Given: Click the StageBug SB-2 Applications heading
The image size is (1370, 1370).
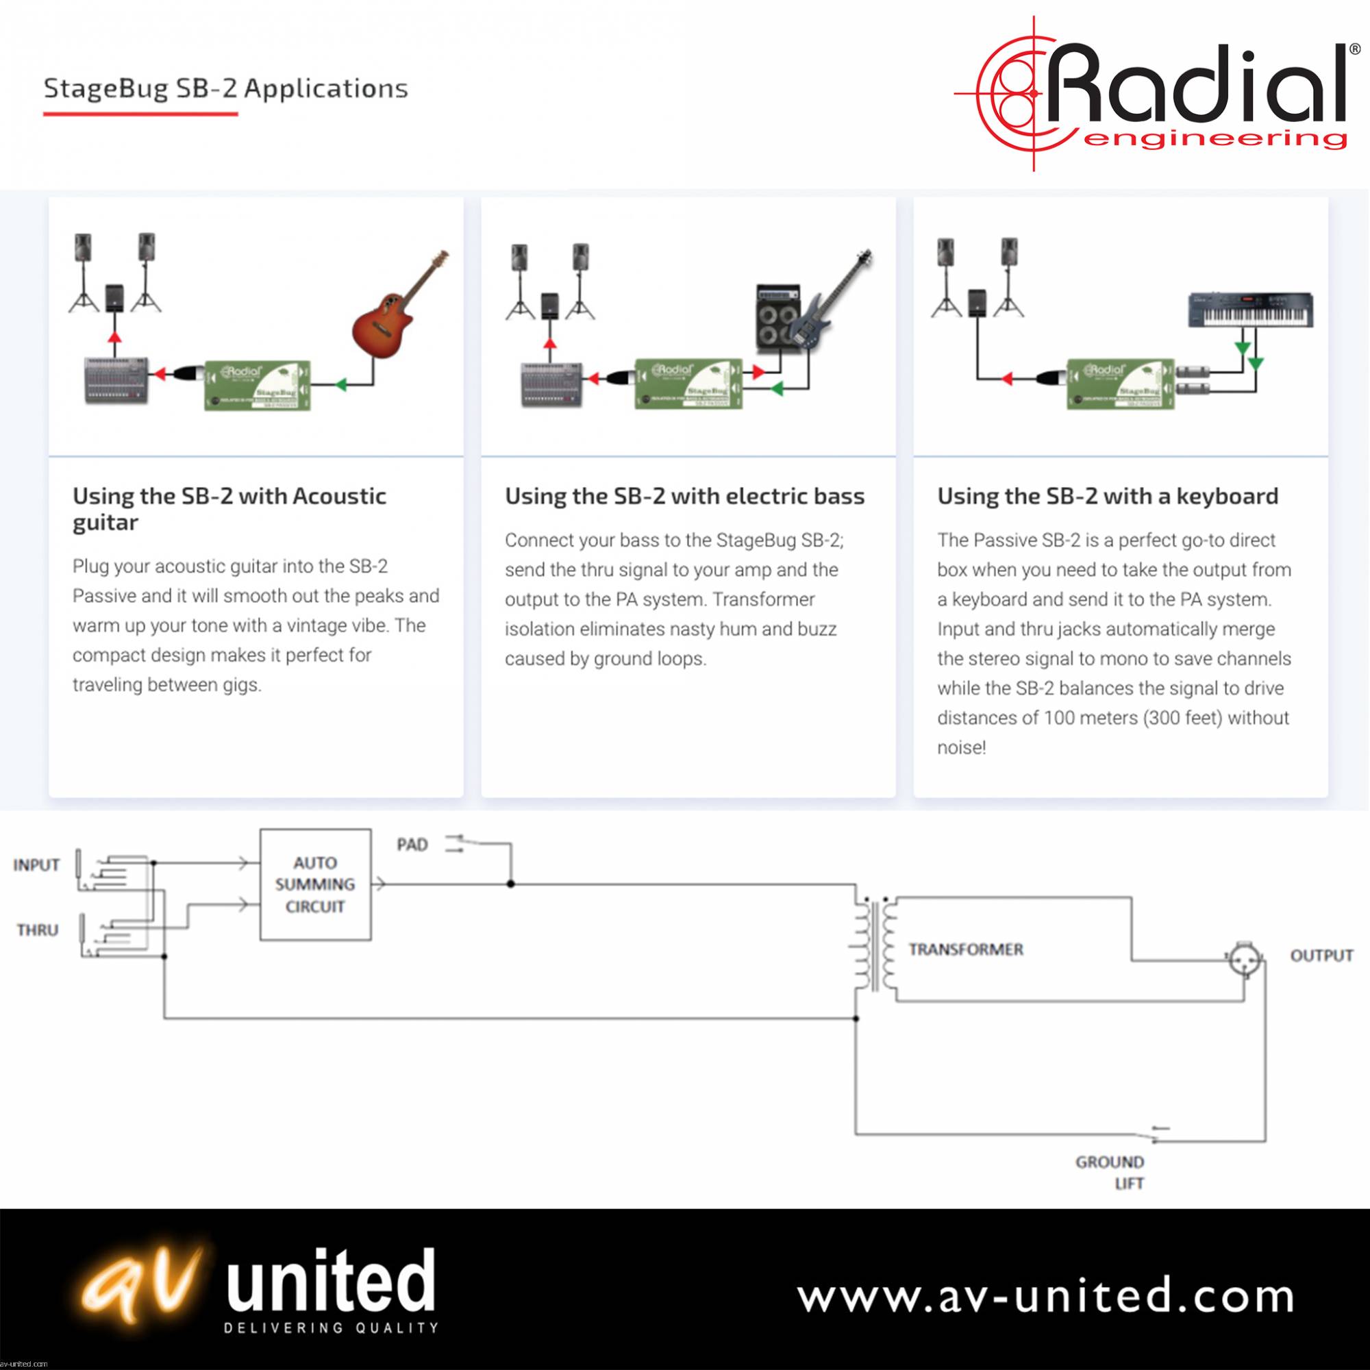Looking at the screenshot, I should click(x=225, y=88).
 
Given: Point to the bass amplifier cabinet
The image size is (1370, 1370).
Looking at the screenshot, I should click(x=778, y=319).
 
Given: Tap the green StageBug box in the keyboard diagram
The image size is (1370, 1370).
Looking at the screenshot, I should click(x=1120, y=384).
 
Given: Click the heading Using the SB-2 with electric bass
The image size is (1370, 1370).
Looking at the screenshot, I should click(x=684, y=496).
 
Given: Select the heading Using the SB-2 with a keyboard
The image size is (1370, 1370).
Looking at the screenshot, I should click(x=1107, y=496).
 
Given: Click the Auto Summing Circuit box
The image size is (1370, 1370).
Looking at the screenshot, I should click(x=315, y=884).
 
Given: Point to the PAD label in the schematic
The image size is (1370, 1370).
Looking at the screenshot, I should click(x=412, y=845).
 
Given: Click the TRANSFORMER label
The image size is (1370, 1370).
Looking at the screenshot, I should click(x=966, y=949).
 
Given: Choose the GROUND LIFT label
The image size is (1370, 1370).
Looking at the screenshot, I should click(x=1110, y=1172).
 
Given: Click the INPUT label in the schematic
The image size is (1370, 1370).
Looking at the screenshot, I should click(x=36, y=865).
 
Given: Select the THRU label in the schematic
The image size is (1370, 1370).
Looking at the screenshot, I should click(x=38, y=930).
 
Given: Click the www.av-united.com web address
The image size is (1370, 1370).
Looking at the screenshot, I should click(x=1045, y=1296).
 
